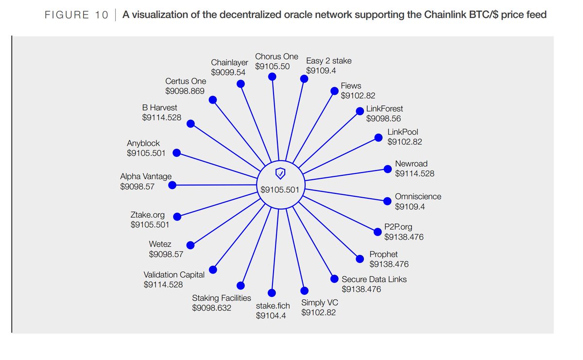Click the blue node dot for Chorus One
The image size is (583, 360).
273,77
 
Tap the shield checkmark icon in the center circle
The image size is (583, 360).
280,172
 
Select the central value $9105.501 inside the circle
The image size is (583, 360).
280,190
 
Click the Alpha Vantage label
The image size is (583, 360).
146,177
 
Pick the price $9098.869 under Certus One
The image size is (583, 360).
185,91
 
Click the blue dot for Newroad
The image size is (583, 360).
387,169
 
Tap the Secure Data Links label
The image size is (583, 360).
374,279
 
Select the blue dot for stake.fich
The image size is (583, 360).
272,293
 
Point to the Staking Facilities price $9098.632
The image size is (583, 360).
212,308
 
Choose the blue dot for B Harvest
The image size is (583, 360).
191,123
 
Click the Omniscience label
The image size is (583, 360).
418,197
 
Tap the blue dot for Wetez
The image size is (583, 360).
190,245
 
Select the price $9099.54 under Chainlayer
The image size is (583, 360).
228,72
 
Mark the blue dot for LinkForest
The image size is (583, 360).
360,111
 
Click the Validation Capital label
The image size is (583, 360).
174,275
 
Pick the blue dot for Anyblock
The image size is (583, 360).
177,153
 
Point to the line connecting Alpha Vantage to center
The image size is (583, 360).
216,185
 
